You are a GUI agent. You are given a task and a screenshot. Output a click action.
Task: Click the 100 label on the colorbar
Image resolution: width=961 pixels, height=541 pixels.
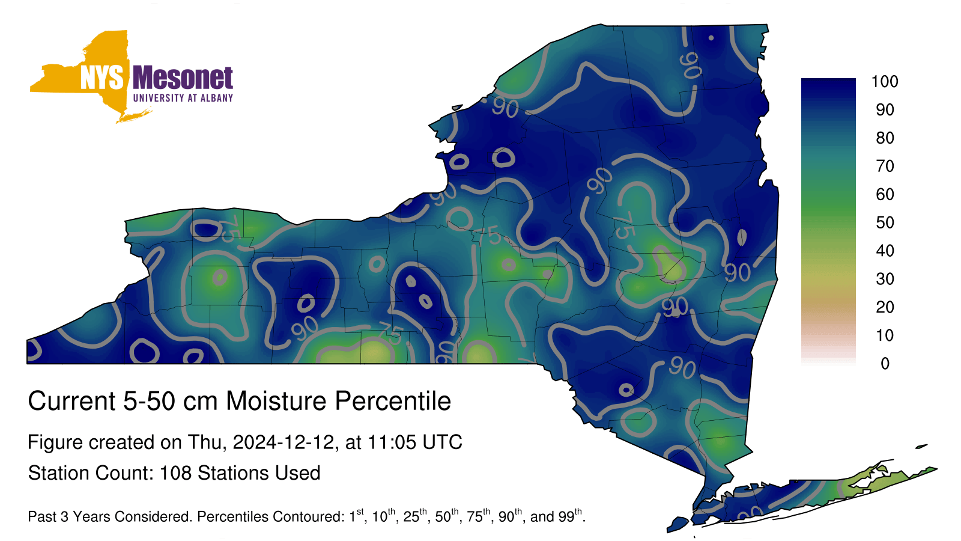click(x=885, y=82)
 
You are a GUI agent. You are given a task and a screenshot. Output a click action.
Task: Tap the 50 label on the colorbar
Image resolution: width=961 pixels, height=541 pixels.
click(x=885, y=222)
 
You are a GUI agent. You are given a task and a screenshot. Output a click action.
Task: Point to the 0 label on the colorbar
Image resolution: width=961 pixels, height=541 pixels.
click(x=885, y=364)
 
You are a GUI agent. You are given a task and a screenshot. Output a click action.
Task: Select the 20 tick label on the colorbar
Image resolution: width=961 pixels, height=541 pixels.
click(x=885, y=307)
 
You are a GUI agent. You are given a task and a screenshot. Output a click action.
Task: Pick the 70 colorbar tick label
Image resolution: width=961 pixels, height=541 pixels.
click(x=885, y=166)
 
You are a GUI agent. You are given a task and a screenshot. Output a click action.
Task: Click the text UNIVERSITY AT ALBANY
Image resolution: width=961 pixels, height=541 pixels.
click(x=183, y=98)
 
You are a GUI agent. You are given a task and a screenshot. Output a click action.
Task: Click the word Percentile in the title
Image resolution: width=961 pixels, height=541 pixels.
click(x=393, y=401)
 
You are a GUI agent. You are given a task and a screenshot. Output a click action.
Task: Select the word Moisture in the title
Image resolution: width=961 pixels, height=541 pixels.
click(x=276, y=401)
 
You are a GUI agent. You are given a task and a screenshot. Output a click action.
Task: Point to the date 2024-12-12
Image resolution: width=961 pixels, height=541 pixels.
click(x=283, y=442)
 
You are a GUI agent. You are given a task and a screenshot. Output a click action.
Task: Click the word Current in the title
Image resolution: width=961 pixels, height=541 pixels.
click(x=71, y=401)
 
